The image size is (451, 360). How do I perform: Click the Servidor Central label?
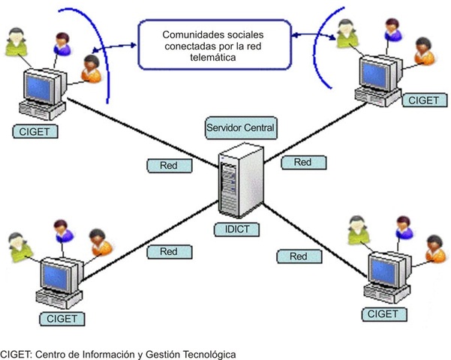point(241,127)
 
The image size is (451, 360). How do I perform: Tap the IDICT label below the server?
point(236,229)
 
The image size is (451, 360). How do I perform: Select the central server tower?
point(241,180)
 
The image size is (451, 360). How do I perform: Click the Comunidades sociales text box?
point(215,44)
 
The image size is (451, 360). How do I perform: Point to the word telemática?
point(213,57)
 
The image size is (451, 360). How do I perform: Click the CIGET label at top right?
point(424,100)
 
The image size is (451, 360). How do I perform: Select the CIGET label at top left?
point(35,132)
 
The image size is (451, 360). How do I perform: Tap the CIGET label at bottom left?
point(62,319)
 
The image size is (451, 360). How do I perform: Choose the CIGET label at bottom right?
point(384,314)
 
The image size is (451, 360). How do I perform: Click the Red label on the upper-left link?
point(169,166)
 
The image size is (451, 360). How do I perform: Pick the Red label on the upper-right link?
point(303,163)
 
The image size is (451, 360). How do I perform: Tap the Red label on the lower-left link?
point(169,252)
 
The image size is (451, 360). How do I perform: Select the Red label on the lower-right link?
point(299,256)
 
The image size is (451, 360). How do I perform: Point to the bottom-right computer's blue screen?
point(383,271)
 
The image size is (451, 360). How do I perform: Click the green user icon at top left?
point(17,42)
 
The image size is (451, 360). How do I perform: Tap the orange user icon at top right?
point(424,51)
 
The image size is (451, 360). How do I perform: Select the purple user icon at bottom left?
point(64,232)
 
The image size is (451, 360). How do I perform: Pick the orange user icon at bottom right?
point(435,249)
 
